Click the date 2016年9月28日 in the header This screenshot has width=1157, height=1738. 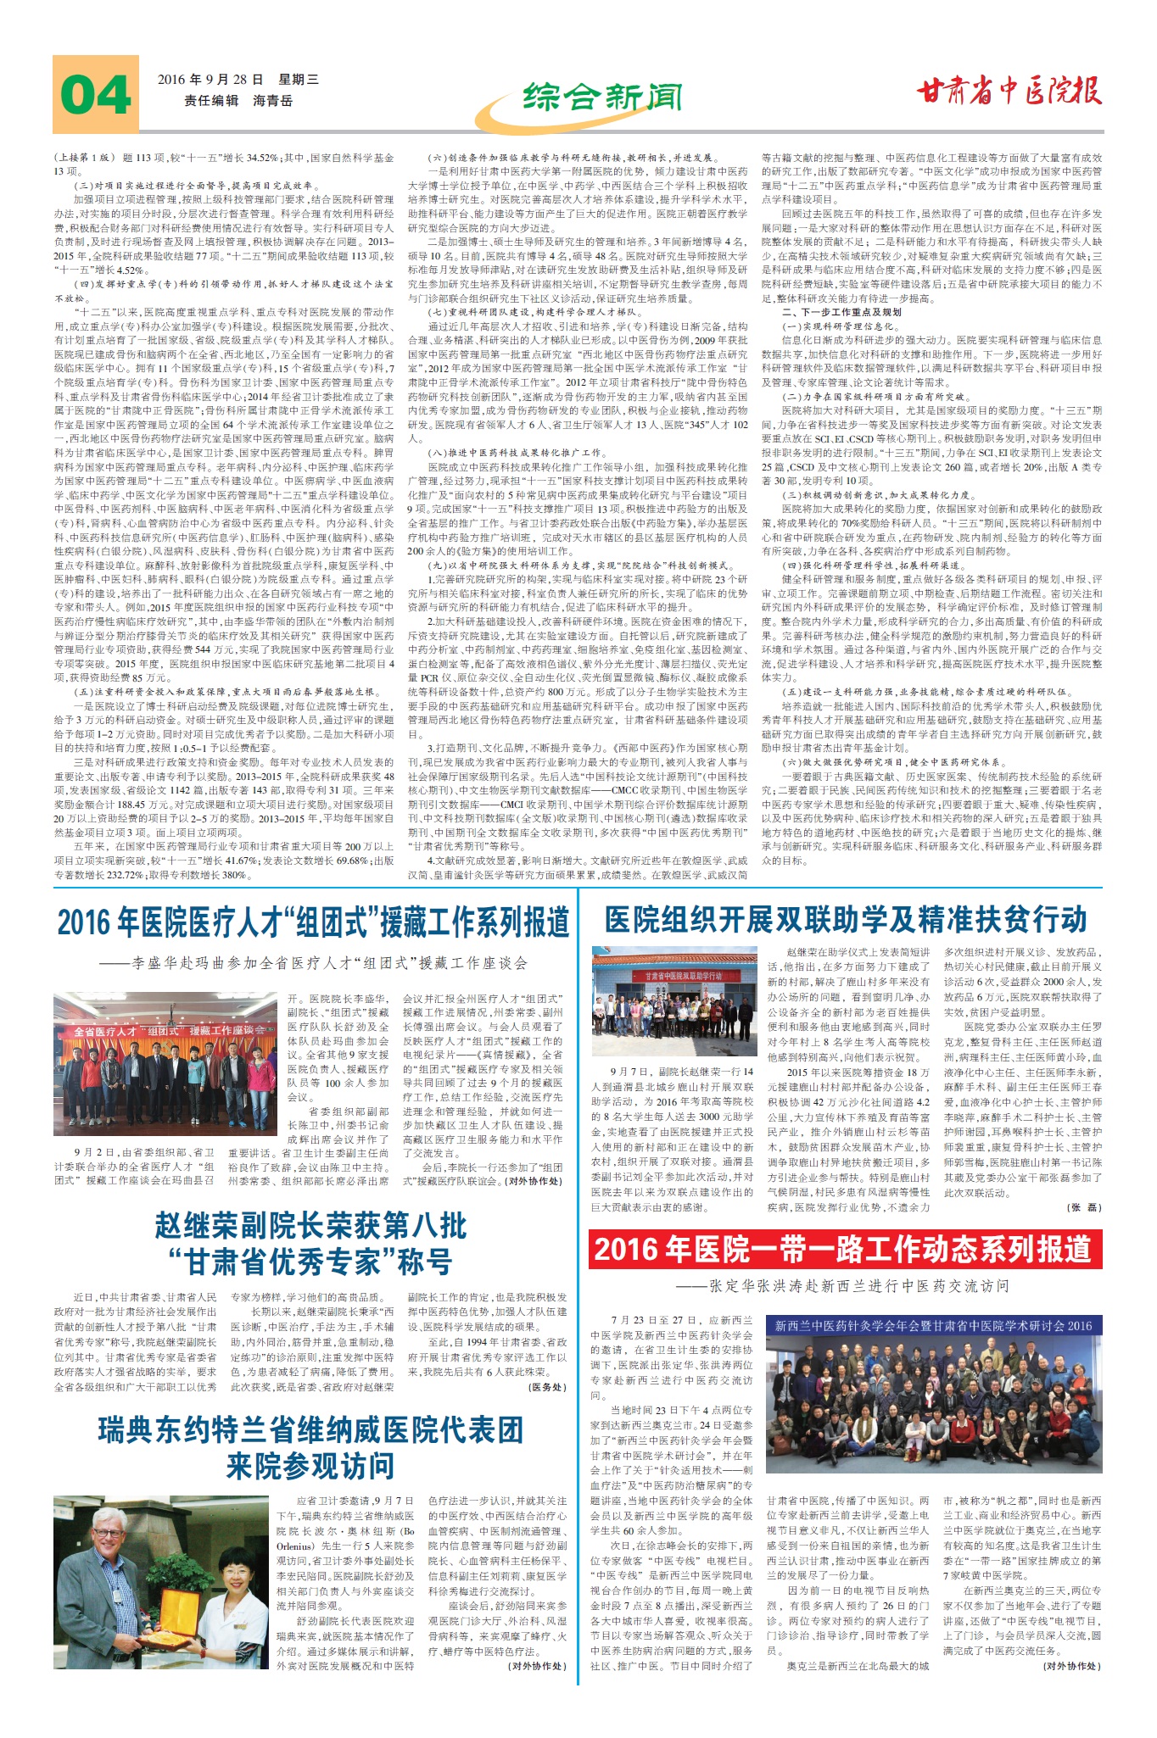pos(210,80)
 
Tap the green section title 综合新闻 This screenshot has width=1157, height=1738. pos(601,97)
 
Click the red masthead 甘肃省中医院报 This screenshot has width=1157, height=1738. pos(1009,91)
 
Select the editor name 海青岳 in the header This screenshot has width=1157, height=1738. pos(272,100)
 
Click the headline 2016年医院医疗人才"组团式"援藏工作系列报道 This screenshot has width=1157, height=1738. pos(312,922)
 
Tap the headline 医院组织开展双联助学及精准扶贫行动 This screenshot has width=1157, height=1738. pos(845,919)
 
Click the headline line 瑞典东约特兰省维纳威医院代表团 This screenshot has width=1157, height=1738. pos(310,1430)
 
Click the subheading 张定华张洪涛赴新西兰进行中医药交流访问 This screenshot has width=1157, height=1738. pos(845,1286)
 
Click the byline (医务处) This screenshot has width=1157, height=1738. pos(546,1387)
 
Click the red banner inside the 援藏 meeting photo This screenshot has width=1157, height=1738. pos(165,1031)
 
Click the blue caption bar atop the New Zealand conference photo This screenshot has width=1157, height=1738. pos(933,1325)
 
